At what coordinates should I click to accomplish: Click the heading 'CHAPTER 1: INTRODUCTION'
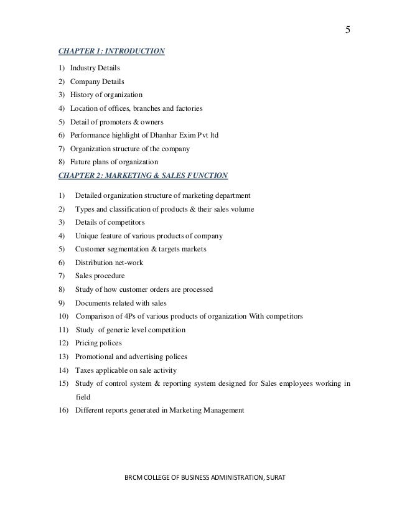click(x=111, y=52)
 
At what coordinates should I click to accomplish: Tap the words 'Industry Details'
click(x=95, y=68)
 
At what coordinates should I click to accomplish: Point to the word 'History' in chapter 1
click(x=82, y=95)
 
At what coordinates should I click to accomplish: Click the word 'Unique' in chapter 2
click(x=87, y=236)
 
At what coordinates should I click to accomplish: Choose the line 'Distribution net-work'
click(x=109, y=263)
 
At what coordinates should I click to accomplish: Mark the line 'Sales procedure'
click(x=100, y=276)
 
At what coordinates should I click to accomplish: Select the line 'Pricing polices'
click(x=98, y=343)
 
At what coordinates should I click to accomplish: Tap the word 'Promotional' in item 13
click(x=96, y=357)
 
